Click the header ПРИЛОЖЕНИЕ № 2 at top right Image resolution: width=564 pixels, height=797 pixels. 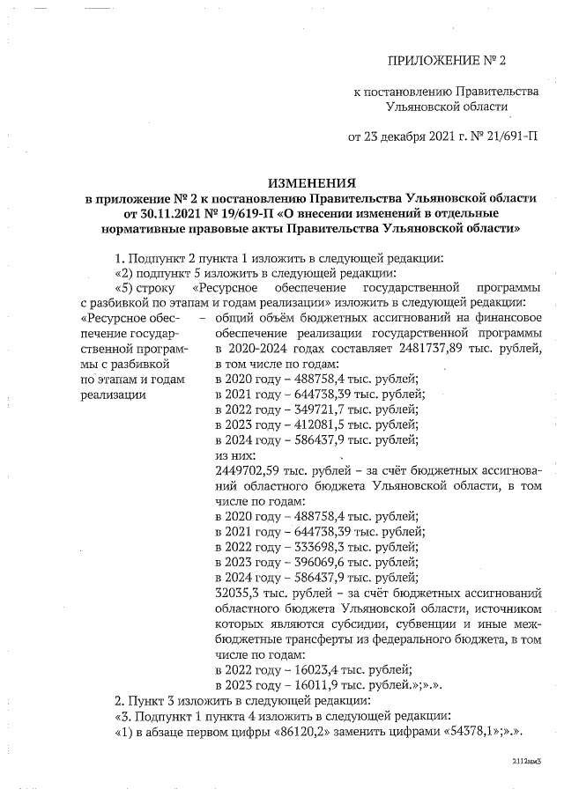pos(449,61)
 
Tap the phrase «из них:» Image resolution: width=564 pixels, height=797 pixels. pos(236,456)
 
